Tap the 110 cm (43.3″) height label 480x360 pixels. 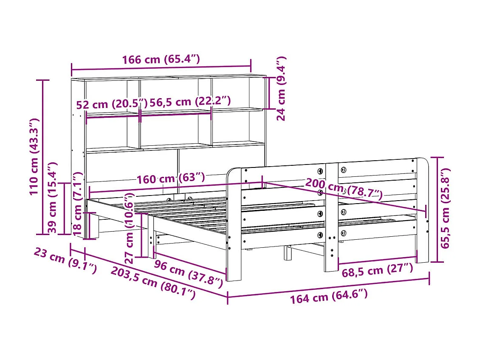click(x=34, y=156)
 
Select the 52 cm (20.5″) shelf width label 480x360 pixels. click(x=112, y=104)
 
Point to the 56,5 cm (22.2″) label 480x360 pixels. click(x=190, y=101)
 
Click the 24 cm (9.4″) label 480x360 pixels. click(x=281, y=88)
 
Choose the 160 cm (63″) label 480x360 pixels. click(x=170, y=179)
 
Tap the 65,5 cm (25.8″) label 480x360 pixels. click(x=444, y=209)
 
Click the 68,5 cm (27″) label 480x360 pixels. click(x=377, y=270)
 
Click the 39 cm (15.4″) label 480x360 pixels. click(x=53, y=197)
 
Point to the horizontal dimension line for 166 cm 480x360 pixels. click(x=161, y=67)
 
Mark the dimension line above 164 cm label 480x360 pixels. click(x=328, y=287)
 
